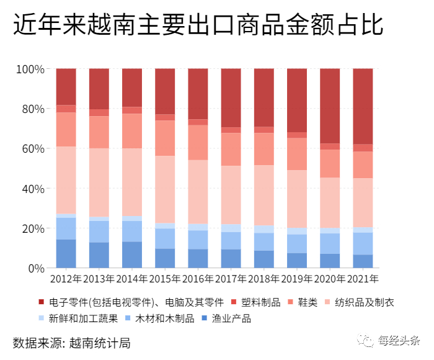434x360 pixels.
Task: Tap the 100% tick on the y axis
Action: pos(30,69)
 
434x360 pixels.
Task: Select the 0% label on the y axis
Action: pos(36,268)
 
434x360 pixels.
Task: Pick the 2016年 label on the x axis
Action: pos(198,279)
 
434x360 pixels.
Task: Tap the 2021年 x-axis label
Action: pos(363,279)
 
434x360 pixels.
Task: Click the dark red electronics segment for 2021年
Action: pos(363,106)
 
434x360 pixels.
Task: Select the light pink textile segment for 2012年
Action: pos(66,180)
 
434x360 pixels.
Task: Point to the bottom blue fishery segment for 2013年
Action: pos(99,255)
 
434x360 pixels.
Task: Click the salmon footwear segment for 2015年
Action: pos(165,138)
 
